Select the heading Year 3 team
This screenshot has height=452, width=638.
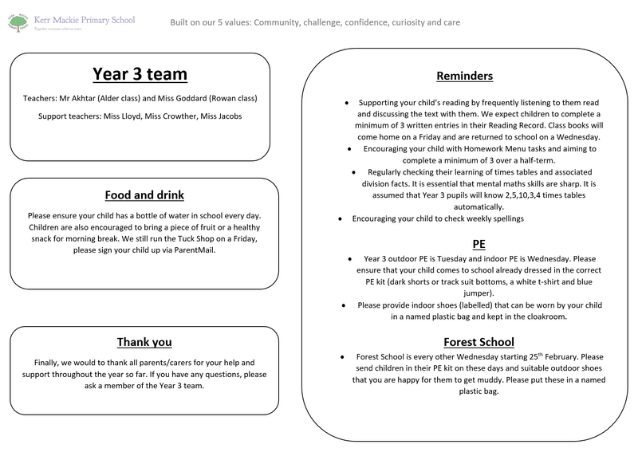click(x=140, y=75)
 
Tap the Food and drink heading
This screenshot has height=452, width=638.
click(x=144, y=195)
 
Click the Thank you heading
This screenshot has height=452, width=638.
click(x=144, y=343)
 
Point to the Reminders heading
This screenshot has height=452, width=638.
click(x=465, y=77)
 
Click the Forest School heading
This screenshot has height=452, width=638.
click(x=465, y=341)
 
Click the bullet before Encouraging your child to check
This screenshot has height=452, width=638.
click(x=341, y=218)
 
